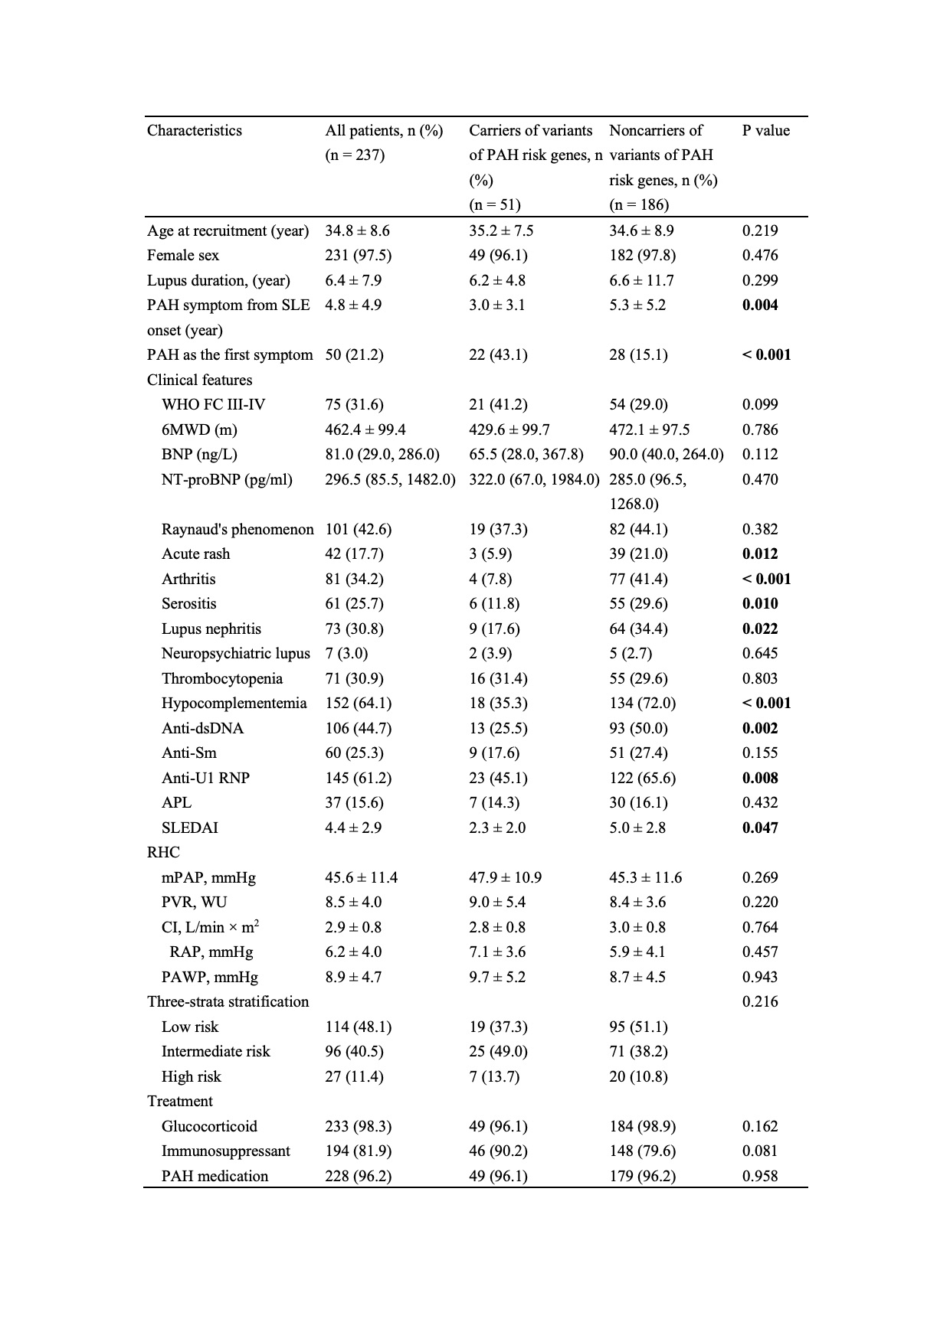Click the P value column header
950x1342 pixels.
click(x=765, y=130)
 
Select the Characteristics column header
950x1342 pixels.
click(x=195, y=130)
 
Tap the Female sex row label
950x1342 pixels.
click(x=183, y=255)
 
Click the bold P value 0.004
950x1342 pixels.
click(x=760, y=305)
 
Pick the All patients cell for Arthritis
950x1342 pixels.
click(x=355, y=579)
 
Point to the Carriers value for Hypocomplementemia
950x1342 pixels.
click(x=498, y=703)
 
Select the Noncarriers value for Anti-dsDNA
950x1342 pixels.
click(x=638, y=728)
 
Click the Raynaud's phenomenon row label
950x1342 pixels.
click(x=237, y=529)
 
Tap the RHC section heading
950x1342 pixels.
click(x=163, y=852)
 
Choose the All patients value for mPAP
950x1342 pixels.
click(x=362, y=877)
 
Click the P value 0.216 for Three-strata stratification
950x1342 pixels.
click(x=760, y=1001)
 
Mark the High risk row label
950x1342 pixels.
click(x=191, y=1076)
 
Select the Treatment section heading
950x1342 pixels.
click(x=180, y=1101)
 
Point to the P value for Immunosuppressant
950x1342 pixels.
click(x=760, y=1151)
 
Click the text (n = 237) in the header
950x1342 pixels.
click(x=355, y=155)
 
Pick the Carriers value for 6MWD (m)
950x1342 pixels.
click(x=509, y=429)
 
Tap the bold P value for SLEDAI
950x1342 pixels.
click(x=760, y=828)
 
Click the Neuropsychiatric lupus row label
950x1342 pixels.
click(x=236, y=653)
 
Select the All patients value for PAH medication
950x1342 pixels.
click(x=359, y=1176)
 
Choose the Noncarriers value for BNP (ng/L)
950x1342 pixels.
click(x=667, y=454)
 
